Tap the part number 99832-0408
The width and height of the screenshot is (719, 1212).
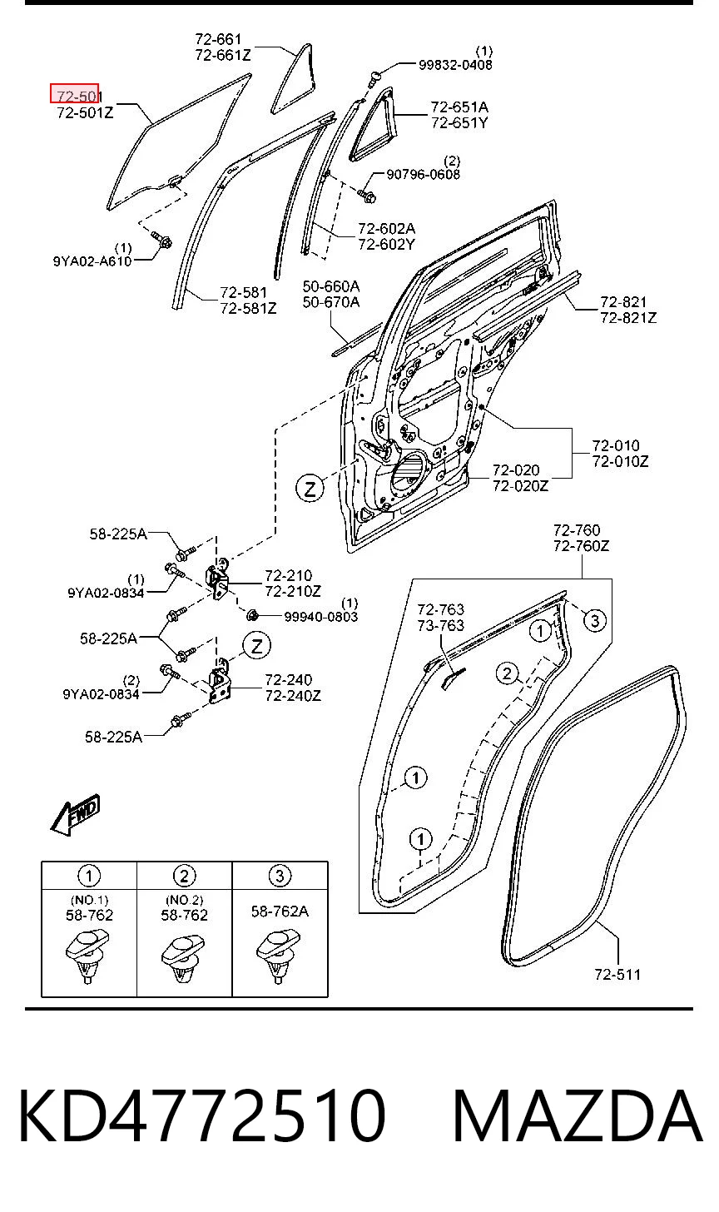(x=455, y=66)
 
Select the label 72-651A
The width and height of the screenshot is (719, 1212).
(x=459, y=107)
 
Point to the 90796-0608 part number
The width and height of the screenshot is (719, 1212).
(x=423, y=175)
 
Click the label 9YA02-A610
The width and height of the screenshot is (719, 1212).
(x=92, y=261)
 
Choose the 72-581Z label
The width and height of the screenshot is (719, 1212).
(x=248, y=308)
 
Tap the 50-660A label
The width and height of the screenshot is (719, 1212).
(x=331, y=286)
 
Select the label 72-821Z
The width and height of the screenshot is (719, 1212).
(x=628, y=318)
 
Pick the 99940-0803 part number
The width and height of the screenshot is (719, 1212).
(x=321, y=617)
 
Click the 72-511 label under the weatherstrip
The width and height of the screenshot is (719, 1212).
(x=617, y=975)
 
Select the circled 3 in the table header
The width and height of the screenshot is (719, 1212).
(x=280, y=876)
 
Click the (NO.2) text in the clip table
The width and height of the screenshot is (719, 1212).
(x=185, y=899)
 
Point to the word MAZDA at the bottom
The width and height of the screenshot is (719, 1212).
(x=578, y=1116)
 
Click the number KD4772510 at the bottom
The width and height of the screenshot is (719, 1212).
(x=202, y=1116)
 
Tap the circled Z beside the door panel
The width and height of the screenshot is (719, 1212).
(x=310, y=489)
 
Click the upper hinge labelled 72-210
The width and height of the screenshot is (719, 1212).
(x=217, y=580)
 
